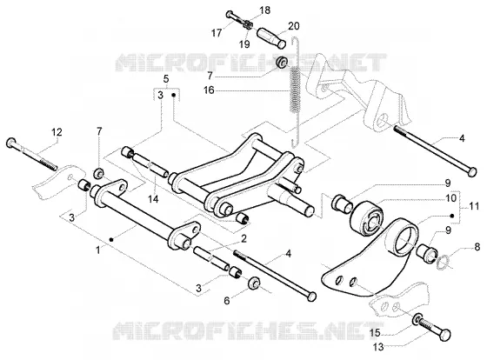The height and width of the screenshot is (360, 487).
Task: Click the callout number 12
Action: [x=57, y=132]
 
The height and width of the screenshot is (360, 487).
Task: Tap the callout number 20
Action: [x=294, y=26]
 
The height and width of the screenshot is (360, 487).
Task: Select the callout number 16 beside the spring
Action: [x=209, y=90]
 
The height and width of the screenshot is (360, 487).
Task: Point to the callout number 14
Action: [x=153, y=199]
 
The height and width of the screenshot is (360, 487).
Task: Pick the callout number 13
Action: [x=378, y=347]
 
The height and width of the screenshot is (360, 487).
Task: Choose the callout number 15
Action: [x=375, y=333]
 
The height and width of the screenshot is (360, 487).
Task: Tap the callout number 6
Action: [x=227, y=300]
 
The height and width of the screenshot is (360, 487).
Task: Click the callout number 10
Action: [x=450, y=198]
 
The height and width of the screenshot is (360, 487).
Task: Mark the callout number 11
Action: [x=474, y=205]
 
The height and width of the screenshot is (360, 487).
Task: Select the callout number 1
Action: [x=98, y=250]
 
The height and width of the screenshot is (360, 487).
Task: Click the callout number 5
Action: [x=166, y=79]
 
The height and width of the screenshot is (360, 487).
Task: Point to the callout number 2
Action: [x=243, y=238]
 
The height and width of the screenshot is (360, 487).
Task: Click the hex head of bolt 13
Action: [x=445, y=335]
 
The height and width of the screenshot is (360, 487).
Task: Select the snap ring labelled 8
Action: [x=442, y=262]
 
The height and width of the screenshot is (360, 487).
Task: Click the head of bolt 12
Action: [x=11, y=143]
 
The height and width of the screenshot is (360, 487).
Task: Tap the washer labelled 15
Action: [x=417, y=320]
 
